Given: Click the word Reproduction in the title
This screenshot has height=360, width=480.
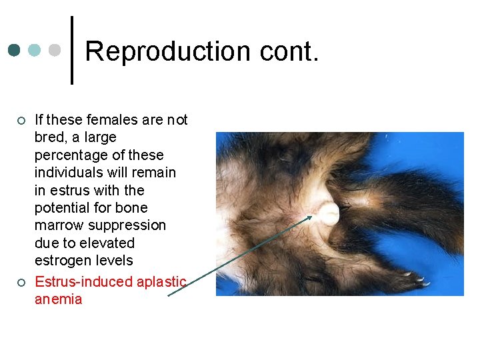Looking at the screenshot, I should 163,51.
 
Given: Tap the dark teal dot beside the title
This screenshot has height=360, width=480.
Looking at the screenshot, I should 15,51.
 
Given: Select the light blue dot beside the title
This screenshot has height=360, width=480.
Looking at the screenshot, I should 35,51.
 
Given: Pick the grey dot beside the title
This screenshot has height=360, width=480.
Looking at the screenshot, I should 55,51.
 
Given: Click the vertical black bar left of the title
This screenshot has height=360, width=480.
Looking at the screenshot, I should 71,51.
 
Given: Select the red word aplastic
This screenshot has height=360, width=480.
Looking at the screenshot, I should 163,281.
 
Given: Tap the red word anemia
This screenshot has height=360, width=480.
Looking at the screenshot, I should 58,299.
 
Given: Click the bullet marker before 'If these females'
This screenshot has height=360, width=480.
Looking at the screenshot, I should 21,121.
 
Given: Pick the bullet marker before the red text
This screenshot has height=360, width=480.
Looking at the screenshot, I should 21,282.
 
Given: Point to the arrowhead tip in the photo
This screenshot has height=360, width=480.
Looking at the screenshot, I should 311,216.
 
